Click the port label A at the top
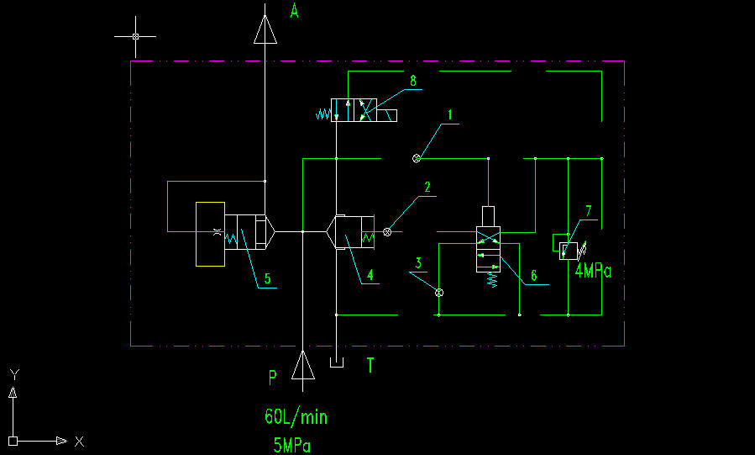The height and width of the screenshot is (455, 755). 294,11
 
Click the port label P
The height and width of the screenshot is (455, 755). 272,378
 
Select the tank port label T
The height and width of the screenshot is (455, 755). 370,365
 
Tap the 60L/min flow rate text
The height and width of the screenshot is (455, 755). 296,416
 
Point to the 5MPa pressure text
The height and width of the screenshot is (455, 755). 291,445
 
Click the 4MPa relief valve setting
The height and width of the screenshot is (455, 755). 593,271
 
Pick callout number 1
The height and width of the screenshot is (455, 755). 450,113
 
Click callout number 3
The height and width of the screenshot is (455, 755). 418,263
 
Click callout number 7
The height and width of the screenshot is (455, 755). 589,210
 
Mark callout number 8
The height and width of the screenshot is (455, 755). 413,81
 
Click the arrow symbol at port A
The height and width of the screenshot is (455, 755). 265,30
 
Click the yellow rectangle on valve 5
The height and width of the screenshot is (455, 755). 210,234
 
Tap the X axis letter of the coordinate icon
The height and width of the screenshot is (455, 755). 79,441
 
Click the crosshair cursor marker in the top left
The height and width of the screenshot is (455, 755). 136,37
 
